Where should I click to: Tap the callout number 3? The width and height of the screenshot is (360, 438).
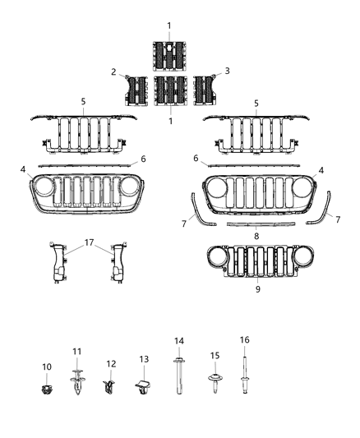point(228,71)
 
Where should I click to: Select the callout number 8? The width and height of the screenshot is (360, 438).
point(256,236)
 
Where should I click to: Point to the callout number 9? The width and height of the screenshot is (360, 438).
point(256,288)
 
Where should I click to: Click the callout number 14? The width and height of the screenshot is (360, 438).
point(178,341)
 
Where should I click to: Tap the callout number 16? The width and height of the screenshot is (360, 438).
point(245,339)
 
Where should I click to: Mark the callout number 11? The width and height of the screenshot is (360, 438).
point(78,353)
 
